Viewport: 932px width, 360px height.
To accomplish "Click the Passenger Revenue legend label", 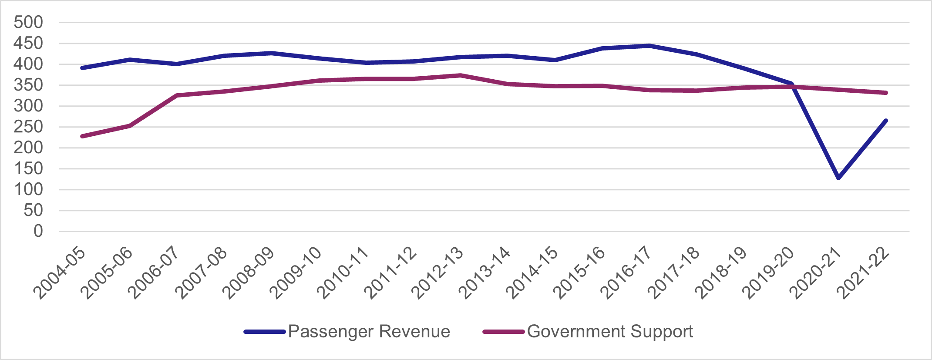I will click(369, 332).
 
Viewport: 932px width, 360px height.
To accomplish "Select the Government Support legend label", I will click(610, 332).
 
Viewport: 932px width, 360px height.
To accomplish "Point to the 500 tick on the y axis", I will click(28, 22).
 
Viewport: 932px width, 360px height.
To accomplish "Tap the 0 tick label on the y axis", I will click(38, 231).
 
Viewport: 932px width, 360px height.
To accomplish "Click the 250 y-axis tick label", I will click(28, 127).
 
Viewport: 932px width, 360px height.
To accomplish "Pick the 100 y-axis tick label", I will click(28, 189).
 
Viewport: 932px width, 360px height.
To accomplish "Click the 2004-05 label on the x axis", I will click(60, 273).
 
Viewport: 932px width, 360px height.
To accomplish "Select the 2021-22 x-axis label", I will click(864, 273).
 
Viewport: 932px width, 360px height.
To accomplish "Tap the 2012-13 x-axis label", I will click(438, 273).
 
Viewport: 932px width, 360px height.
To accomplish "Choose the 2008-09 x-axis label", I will click(249, 273).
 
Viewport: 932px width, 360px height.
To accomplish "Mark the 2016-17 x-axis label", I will click(627, 273).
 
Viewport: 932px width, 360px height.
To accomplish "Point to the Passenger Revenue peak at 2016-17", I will click(649, 45).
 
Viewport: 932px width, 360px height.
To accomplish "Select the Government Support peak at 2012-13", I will click(460, 75).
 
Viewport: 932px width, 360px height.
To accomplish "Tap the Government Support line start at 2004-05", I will click(82, 136).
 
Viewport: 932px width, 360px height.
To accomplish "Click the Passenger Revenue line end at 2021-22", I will click(885, 121).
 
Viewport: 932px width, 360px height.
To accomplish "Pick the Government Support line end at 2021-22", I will click(885, 93).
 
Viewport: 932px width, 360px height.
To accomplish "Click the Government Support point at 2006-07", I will click(177, 95).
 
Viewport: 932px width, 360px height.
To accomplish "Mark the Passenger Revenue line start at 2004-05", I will click(82, 68).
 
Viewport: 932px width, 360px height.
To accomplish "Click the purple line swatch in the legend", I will click(503, 332).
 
